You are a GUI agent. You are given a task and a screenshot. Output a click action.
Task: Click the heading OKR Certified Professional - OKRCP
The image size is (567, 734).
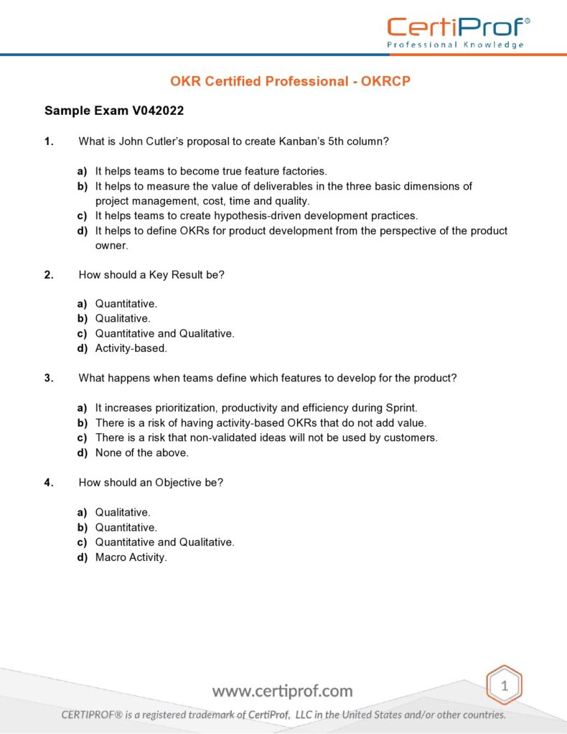(x=290, y=81)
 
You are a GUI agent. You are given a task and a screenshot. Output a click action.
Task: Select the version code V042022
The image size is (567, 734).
(x=158, y=111)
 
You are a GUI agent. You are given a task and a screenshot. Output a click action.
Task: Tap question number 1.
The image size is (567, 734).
(x=49, y=141)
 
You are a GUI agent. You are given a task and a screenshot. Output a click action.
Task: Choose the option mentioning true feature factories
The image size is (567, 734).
(x=210, y=171)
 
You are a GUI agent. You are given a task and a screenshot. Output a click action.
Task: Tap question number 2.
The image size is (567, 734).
(x=49, y=274)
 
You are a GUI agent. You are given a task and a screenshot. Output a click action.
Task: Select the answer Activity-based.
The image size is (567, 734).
(x=131, y=348)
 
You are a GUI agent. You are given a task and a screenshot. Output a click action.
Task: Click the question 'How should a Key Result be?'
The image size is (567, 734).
(x=151, y=274)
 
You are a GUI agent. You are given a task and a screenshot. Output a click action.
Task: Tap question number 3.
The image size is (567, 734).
(x=49, y=378)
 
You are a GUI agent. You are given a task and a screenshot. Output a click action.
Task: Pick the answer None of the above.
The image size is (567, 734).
(x=141, y=452)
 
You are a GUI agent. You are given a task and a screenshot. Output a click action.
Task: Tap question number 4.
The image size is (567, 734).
(x=49, y=483)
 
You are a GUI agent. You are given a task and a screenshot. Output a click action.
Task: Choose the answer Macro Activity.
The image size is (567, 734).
(x=131, y=557)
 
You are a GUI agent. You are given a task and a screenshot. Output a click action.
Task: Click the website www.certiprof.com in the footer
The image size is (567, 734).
(x=283, y=692)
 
